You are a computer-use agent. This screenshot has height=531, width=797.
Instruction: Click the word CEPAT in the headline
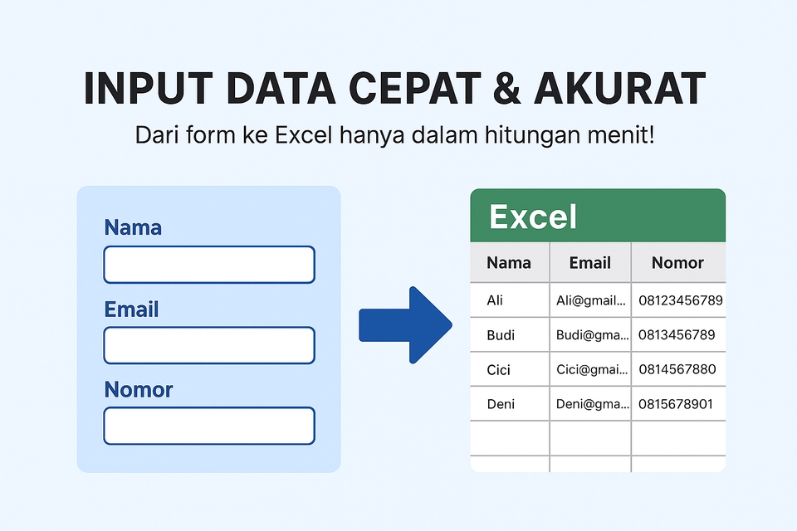(x=414, y=89)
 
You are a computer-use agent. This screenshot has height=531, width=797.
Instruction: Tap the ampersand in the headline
(x=506, y=89)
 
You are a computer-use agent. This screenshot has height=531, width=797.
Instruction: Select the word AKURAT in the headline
(x=619, y=89)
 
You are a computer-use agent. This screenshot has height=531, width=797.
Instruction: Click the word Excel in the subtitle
(x=304, y=135)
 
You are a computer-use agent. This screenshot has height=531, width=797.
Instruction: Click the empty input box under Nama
(x=209, y=264)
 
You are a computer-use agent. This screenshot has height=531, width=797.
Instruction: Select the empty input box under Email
(x=209, y=345)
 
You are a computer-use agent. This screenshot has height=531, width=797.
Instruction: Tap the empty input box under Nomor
(x=209, y=426)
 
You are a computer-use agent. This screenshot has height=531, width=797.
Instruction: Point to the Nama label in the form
(x=133, y=227)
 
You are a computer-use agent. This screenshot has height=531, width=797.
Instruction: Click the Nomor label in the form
(x=139, y=389)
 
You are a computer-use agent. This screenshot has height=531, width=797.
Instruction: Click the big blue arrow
(x=406, y=325)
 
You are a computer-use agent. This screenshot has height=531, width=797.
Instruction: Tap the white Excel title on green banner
(x=533, y=217)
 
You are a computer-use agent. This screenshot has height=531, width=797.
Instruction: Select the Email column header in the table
(x=589, y=262)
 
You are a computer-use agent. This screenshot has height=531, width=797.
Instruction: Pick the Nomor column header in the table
(x=677, y=262)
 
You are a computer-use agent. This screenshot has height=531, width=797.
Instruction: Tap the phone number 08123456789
(x=681, y=300)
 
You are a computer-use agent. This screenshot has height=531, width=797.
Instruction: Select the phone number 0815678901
(x=676, y=404)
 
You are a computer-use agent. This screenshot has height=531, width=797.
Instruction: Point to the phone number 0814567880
(x=677, y=369)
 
